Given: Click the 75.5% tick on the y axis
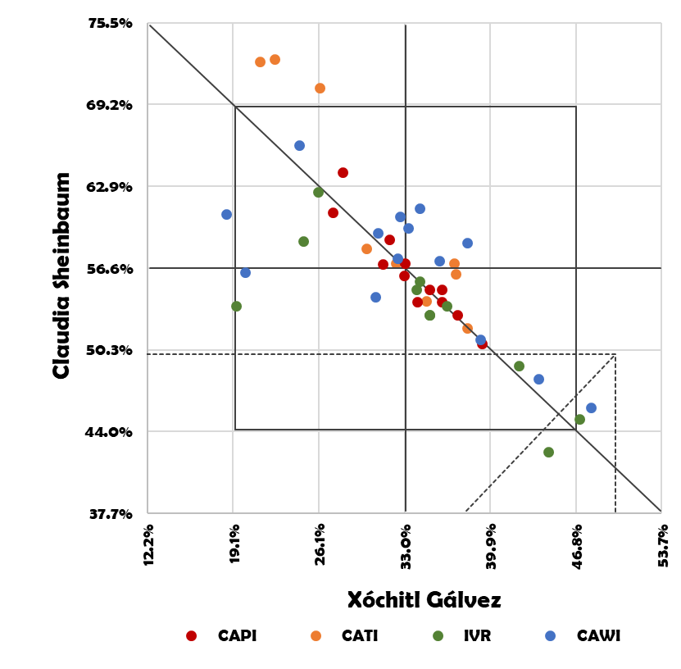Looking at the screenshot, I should coord(110,23).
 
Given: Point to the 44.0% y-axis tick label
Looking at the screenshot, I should coord(110,432).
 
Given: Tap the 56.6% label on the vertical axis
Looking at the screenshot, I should coord(110,268).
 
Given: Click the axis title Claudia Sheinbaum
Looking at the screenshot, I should coord(61,275).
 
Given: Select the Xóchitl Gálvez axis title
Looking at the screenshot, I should coord(424,600).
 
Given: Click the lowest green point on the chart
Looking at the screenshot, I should coord(548,452).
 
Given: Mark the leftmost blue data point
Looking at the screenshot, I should coord(226,214).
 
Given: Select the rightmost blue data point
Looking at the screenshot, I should coord(591,407).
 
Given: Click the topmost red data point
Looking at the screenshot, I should coord(343,172).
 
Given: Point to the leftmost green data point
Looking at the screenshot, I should coord(236,306).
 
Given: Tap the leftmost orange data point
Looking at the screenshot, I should coord(260,61).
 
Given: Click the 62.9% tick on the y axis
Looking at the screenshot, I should coord(110,187).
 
